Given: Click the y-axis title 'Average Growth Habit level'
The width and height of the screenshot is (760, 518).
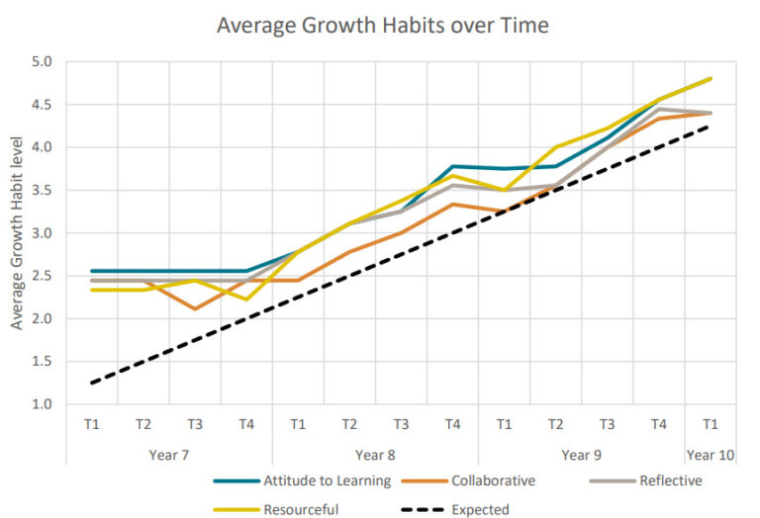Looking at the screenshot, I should [x=17, y=232].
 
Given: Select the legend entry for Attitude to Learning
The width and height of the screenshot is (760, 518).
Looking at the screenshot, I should [x=303, y=481].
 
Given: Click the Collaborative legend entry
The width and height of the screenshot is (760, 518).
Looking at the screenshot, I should [x=492, y=481].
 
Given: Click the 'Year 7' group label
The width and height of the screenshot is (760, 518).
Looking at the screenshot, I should [x=168, y=455].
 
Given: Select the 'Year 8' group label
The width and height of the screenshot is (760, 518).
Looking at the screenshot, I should [x=375, y=455].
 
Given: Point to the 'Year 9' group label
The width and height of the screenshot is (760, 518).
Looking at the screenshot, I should [x=581, y=455].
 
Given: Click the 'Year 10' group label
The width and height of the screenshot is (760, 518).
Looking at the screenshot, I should [x=710, y=455].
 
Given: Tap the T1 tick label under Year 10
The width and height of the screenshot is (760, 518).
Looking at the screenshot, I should [x=710, y=424].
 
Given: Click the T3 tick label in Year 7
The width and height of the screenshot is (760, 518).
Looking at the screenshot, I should [x=195, y=424].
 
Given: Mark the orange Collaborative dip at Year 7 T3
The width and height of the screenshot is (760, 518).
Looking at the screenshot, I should [x=195, y=308].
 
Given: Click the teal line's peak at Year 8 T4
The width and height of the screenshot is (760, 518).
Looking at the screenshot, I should [x=453, y=166].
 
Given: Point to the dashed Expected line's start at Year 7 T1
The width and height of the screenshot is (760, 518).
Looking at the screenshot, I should [x=92, y=383].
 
